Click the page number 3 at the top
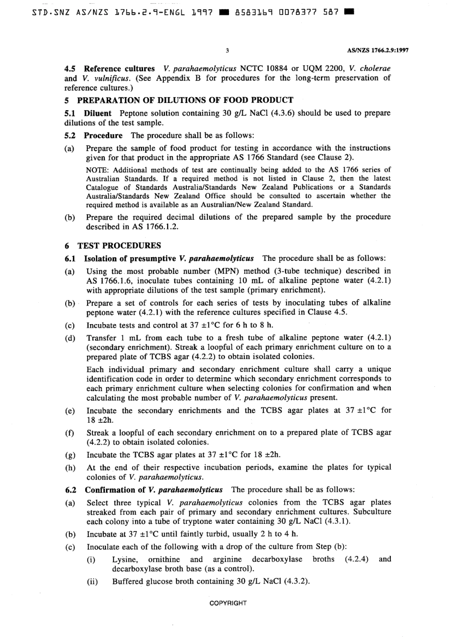[227, 50]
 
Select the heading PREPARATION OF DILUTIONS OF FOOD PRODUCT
[185, 100]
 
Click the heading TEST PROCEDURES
[119, 246]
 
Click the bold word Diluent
[98, 113]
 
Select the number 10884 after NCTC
[273, 68]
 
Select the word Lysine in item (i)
[125, 559]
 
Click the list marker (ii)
[92, 581]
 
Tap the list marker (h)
[70, 468]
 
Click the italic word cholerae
[374, 68]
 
